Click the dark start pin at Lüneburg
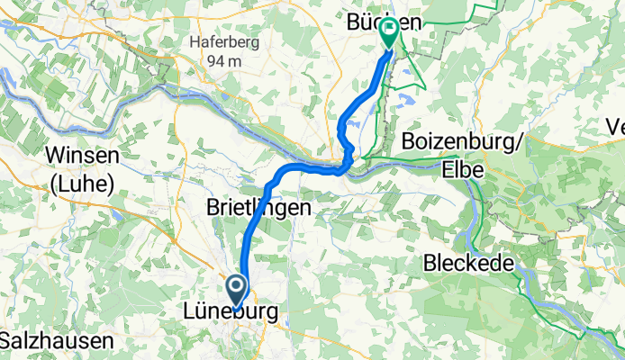click(x=237, y=291)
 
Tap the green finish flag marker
click(x=389, y=31)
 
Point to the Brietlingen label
click(x=254, y=206)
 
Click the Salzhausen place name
click(x=58, y=341)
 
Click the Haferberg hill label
click(x=219, y=40)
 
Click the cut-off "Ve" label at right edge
click(x=615, y=128)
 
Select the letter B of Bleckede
click(x=430, y=265)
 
